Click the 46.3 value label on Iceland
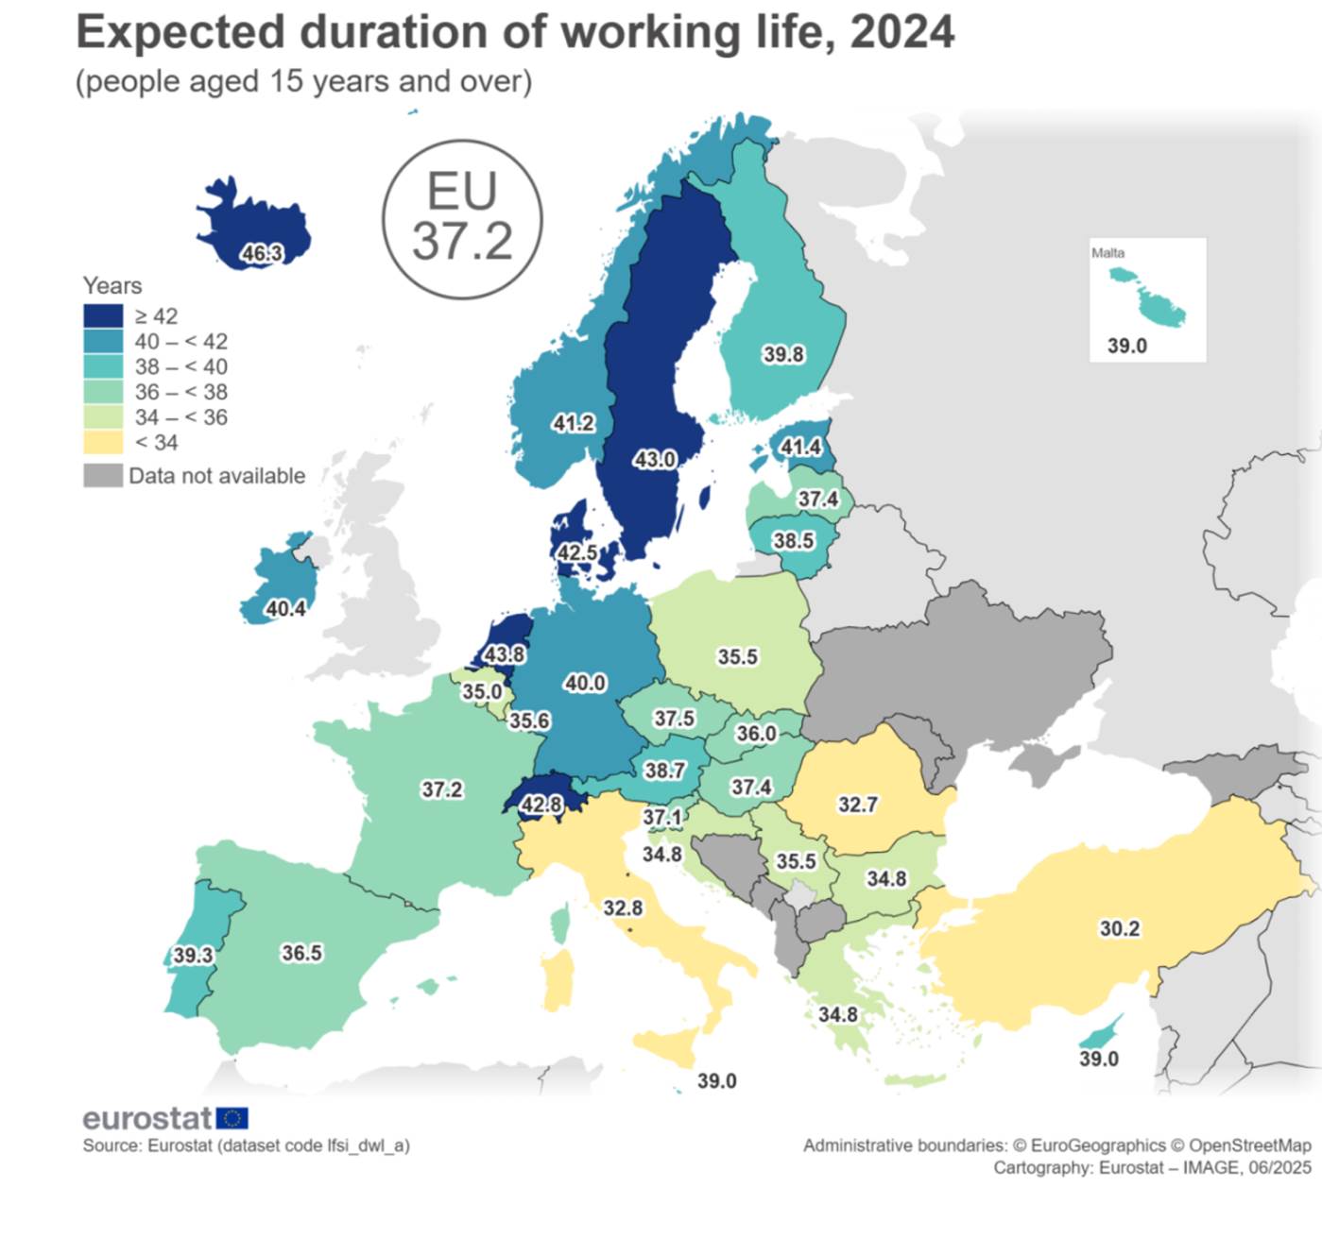[262, 253]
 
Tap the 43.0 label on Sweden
[654, 460]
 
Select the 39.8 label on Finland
[783, 354]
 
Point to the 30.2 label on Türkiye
[1119, 929]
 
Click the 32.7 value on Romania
[857, 805]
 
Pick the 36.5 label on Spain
[301, 953]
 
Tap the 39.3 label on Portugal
[193, 956]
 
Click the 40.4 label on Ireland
[285, 609]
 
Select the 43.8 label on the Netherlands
[505, 653]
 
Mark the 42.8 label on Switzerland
[541, 805]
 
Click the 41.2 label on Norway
[573, 423]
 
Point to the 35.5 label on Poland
[737, 656]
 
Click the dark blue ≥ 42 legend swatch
[103, 316]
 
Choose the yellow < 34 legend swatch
[103, 442]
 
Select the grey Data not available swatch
[103, 475]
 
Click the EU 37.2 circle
[462, 220]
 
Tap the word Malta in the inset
[1107, 253]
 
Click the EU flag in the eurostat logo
[232, 1119]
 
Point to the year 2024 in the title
[902, 32]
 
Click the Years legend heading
[112, 285]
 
